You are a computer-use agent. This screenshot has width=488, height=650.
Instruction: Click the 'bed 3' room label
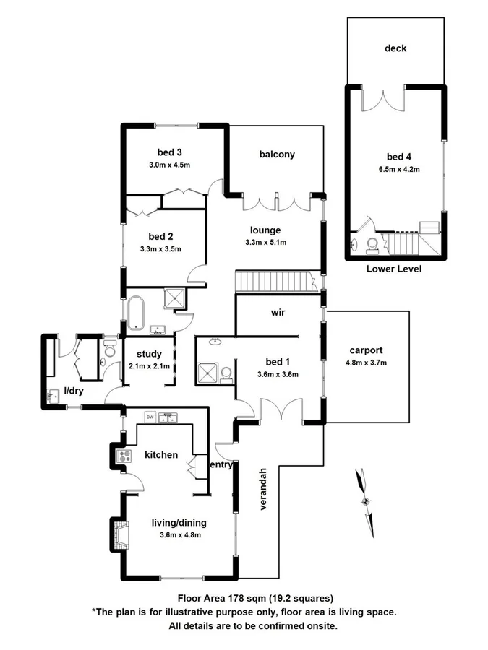tap(170, 152)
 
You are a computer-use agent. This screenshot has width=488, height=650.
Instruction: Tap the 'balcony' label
tap(277, 154)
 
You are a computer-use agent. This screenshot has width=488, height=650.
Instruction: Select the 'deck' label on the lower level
tap(395, 48)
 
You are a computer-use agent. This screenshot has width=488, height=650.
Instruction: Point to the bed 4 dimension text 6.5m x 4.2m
tap(395, 169)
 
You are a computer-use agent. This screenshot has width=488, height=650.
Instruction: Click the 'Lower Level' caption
tap(394, 269)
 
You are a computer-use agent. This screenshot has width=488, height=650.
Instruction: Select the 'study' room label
tap(148, 354)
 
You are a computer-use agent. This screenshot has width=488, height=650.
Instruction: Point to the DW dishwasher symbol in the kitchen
tap(150, 417)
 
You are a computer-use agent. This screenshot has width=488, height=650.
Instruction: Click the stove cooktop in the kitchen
tap(124, 456)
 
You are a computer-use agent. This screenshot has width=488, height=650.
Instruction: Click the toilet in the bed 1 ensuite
tap(226, 373)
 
